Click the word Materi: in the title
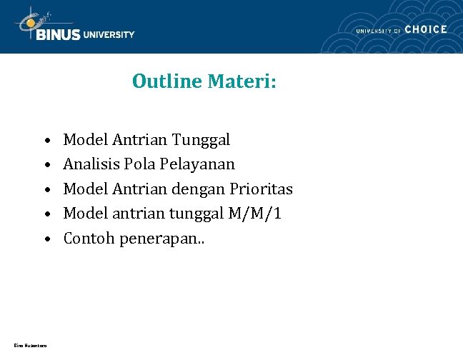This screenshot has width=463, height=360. [x=242, y=82]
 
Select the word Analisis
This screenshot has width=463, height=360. [x=91, y=164]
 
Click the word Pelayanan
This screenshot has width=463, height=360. [x=197, y=164]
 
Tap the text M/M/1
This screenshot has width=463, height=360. [x=255, y=214]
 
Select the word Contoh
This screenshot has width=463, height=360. [x=89, y=238]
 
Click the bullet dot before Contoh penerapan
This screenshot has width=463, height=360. [x=46, y=239]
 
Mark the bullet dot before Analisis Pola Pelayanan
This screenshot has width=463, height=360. [x=46, y=165]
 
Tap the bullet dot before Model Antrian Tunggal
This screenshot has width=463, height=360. [x=46, y=140]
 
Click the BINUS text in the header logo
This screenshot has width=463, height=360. [x=58, y=34]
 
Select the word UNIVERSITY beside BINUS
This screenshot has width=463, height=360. [x=109, y=34]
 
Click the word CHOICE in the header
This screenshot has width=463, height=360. [x=426, y=29]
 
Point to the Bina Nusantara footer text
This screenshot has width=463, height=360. [x=31, y=346]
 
